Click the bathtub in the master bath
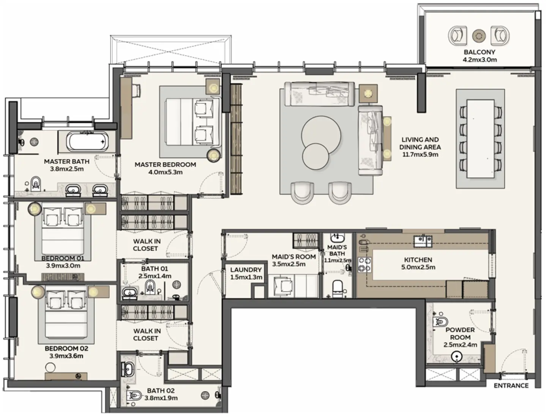[x=87, y=141]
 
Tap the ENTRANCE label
[x=511, y=386]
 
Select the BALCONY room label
[x=479, y=52]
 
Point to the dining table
[x=480, y=139]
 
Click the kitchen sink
[x=423, y=241]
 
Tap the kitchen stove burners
[x=365, y=265]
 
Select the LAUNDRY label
[x=246, y=270]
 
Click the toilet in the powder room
[x=440, y=322]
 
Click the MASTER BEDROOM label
[x=165, y=165]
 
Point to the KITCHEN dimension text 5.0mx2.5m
[x=418, y=267]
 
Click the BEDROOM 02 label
[x=66, y=348]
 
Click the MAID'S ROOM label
[x=294, y=257]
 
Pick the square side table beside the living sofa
[x=368, y=93]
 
